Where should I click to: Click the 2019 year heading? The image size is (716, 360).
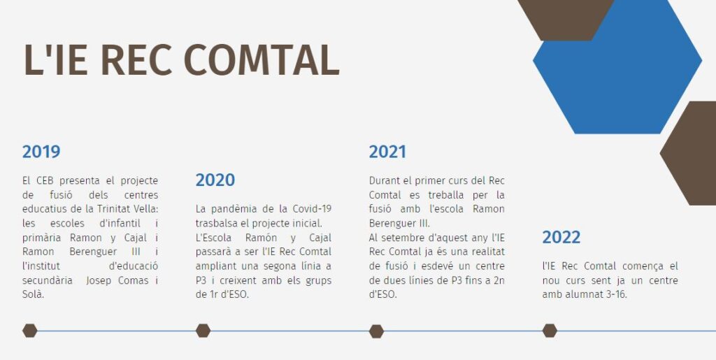pyautogui.click(x=41, y=152)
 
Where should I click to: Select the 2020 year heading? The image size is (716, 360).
pyautogui.click(x=215, y=180)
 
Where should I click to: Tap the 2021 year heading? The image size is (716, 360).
pyautogui.click(x=387, y=152)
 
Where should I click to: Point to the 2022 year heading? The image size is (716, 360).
pyautogui.click(x=561, y=237)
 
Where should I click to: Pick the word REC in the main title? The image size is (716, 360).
pyautogui.click(x=136, y=60)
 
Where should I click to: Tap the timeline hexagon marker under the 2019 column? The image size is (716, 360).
pyautogui.click(x=29, y=331)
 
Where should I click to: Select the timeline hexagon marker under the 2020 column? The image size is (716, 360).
pyautogui.click(x=203, y=331)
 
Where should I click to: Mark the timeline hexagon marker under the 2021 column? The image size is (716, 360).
pyautogui.click(x=376, y=331)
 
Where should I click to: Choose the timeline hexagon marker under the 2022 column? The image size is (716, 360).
pyautogui.click(x=550, y=331)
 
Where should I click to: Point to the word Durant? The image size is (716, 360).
pyautogui.click(x=382, y=180)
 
